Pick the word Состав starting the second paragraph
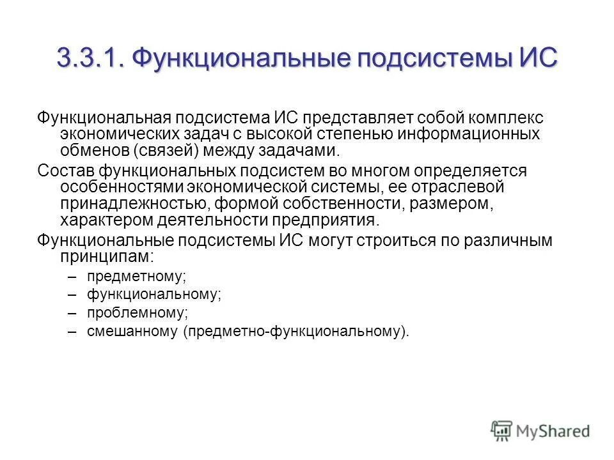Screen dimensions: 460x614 tap(64, 171)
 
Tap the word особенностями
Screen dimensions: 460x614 tap(122, 187)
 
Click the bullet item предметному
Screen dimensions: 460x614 tap(136, 277)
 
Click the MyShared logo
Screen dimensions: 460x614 tap(540, 431)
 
